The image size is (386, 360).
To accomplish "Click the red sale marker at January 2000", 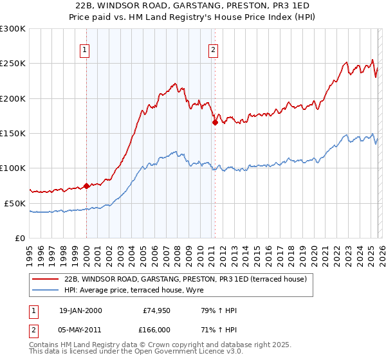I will pos(86,186).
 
